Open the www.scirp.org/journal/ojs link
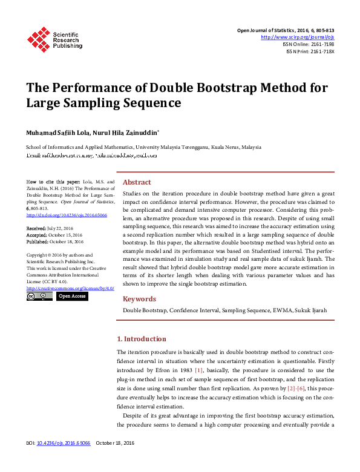[297, 38]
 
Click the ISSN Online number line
[309, 44]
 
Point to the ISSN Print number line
[310, 51]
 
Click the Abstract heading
[137, 182]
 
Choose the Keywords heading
[139, 299]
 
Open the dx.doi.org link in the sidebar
[58, 214]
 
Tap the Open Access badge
[72, 296]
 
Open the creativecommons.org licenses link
[70, 288]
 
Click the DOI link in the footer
[64, 461]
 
